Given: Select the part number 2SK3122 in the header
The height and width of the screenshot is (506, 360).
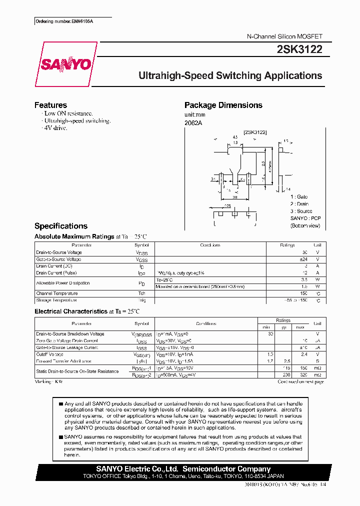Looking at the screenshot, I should click(299, 49).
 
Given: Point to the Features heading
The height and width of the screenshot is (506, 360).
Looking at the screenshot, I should click(50, 105).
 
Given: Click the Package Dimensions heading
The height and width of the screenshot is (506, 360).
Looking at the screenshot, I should click(223, 105).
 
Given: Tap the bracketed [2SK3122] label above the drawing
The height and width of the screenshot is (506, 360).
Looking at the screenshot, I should click(255, 132).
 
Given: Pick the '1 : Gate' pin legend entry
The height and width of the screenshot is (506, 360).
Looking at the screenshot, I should click(299, 197).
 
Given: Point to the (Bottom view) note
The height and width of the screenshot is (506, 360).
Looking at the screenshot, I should click(305, 226).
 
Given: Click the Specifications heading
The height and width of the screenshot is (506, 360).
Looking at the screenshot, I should click(60, 226).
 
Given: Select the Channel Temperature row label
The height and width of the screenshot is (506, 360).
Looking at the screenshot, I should click(57, 293).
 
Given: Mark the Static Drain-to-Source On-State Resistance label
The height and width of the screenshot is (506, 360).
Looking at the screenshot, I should click(77, 371).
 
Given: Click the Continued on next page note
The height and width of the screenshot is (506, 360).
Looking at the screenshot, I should click(300, 381).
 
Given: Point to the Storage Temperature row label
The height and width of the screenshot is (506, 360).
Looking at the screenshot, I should click(56, 300).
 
